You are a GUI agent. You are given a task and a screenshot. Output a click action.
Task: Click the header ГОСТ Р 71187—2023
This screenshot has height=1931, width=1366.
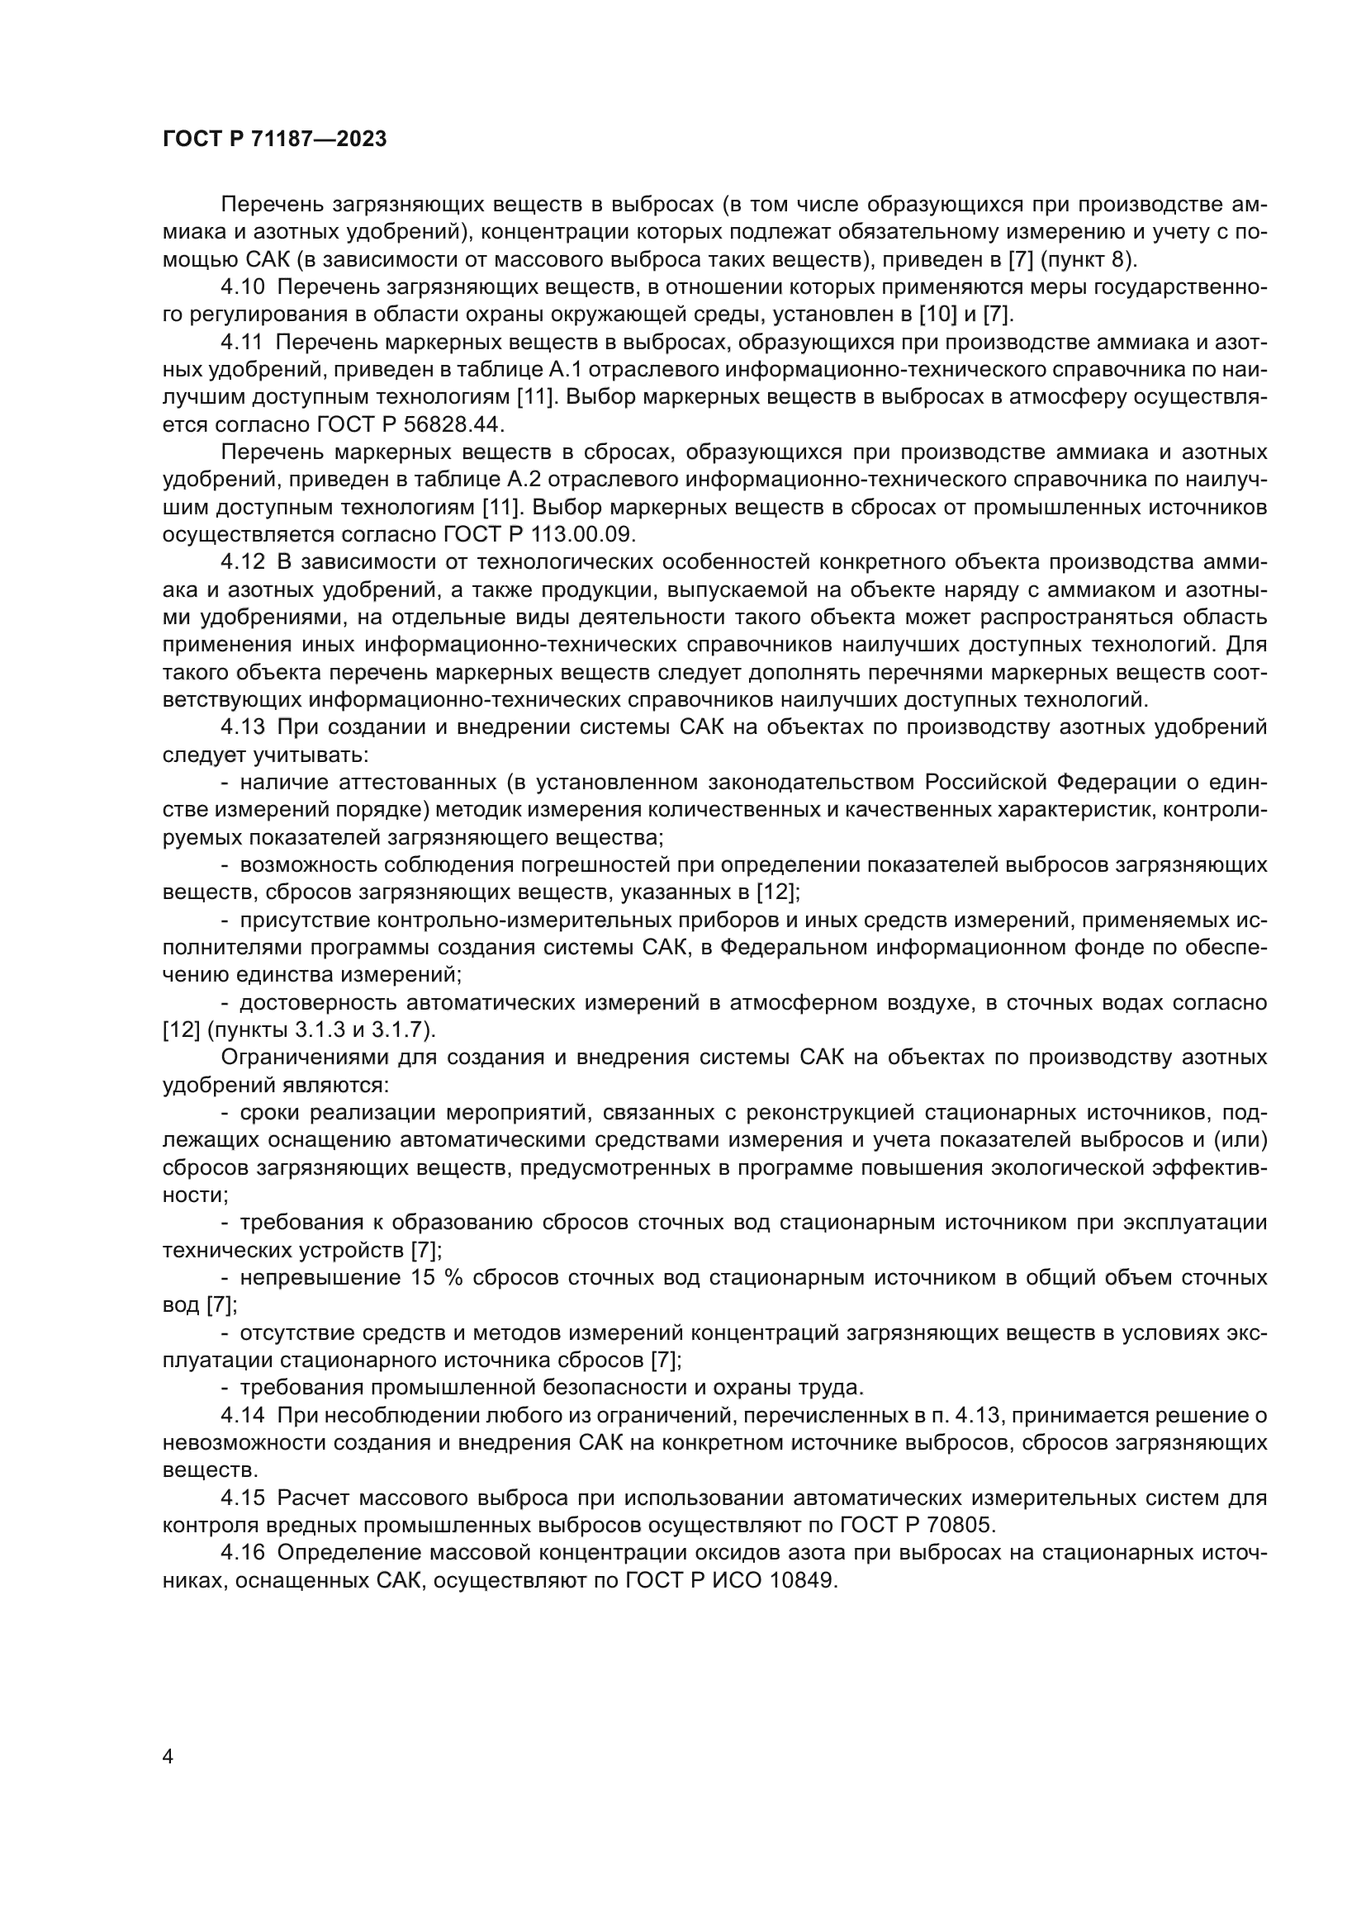pos(274,140)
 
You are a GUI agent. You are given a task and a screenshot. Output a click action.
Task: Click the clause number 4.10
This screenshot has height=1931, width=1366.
pos(242,287)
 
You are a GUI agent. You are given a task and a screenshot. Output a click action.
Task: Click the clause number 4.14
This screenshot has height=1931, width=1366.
pos(242,1416)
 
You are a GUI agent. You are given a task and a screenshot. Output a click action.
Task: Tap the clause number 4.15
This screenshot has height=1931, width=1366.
pos(242,1498)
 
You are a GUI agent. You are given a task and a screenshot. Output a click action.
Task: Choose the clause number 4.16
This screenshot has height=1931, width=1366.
pos(242,1553)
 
